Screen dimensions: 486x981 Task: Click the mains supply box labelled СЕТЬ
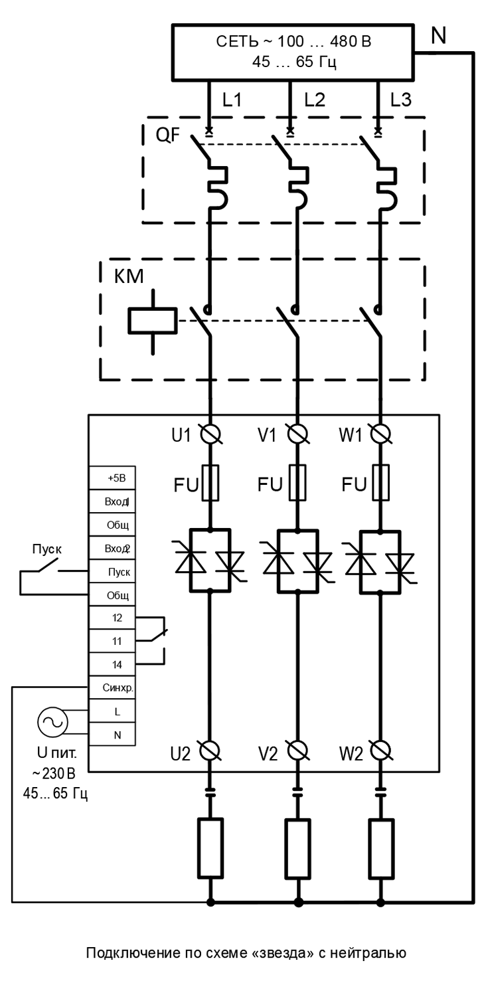293,52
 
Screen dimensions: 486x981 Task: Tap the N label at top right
438,35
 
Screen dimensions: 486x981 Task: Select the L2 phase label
315,100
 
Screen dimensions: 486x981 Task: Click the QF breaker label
168,134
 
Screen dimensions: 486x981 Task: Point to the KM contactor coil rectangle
152,321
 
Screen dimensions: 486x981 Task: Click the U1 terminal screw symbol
210,434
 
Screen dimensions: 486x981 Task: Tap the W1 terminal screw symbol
380,434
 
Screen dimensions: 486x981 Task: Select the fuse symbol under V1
297,482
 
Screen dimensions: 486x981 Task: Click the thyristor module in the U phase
210,561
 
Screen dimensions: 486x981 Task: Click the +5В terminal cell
112,478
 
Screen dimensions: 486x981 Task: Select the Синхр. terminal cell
112,688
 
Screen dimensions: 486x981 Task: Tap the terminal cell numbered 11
112,641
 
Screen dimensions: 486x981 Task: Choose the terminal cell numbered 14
112,665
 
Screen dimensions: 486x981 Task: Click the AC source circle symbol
52,723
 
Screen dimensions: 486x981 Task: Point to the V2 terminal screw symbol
298,751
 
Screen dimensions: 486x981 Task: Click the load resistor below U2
210,848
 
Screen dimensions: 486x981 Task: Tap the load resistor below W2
380,848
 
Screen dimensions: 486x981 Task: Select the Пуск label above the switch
47,549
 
